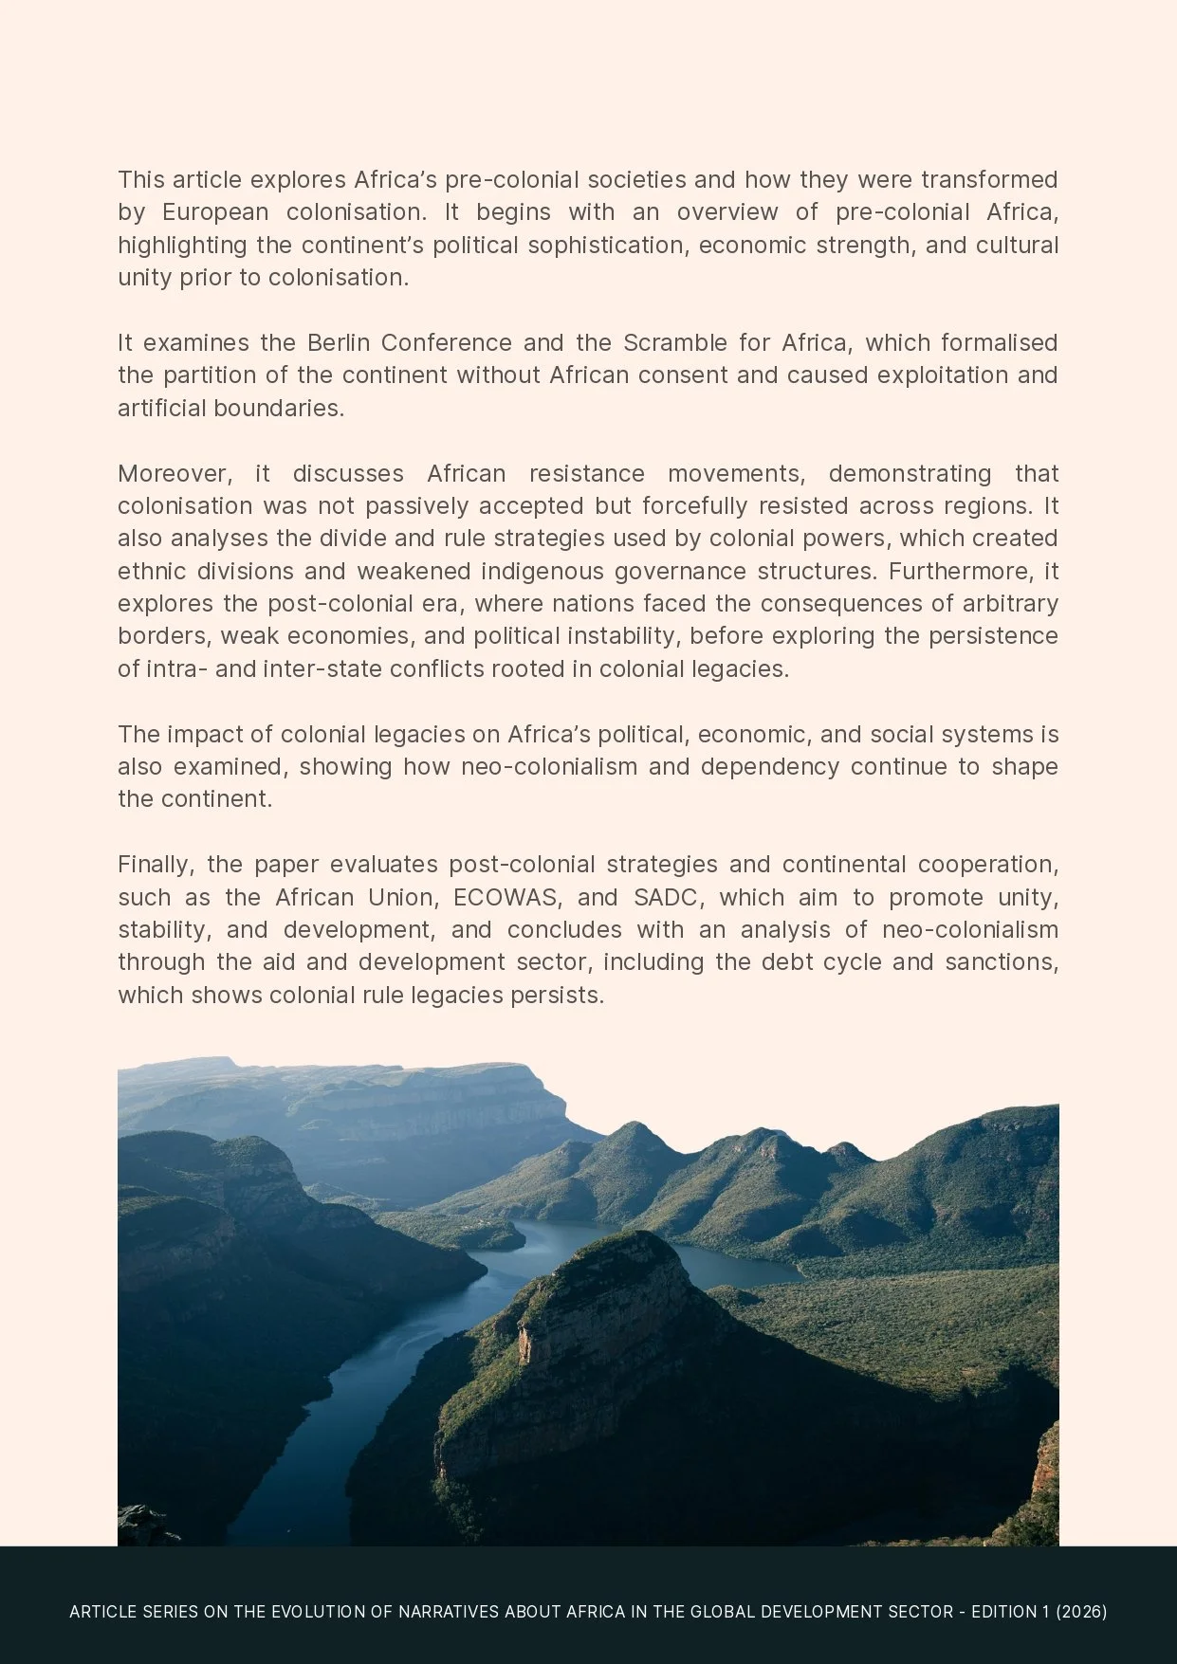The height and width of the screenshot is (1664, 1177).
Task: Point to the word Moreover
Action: [x=175, y=473]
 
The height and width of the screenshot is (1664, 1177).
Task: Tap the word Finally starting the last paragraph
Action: [x=156, y=865]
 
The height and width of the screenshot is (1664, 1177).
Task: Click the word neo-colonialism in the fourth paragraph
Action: [x=548, y=766]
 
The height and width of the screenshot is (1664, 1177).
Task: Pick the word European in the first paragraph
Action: [x=214, y=212]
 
